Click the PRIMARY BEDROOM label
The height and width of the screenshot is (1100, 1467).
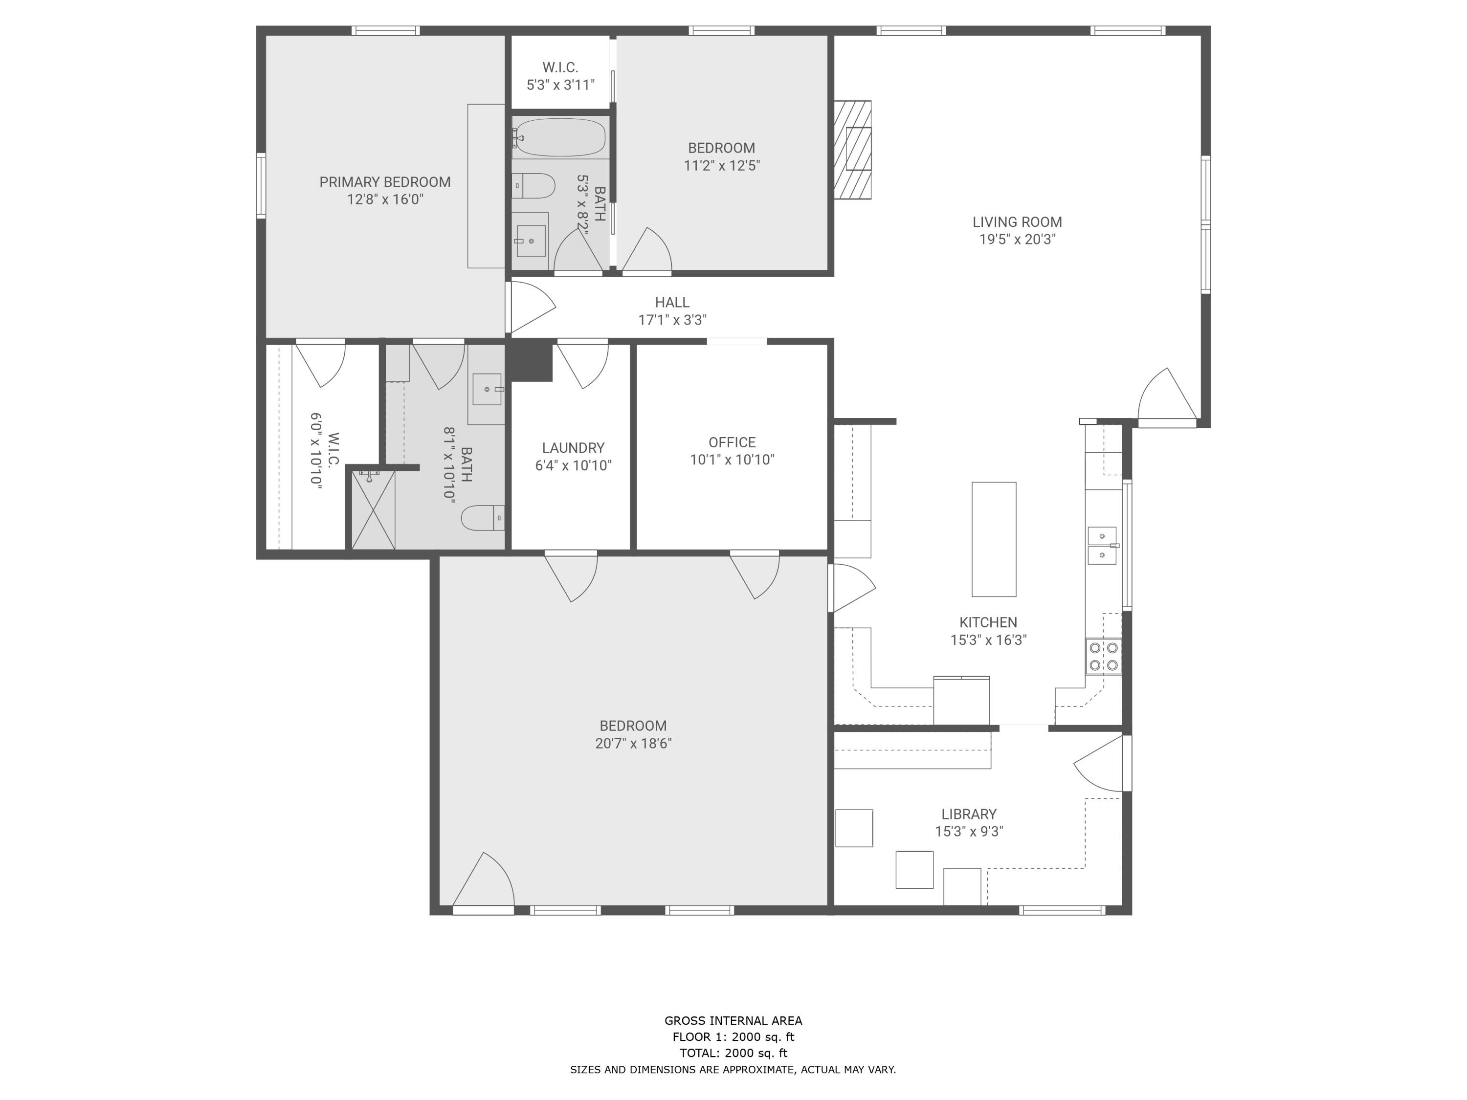(385, 182)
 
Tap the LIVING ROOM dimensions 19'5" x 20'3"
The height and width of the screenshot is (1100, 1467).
(1017, 240)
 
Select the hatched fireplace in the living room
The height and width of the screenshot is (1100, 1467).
(853, 150)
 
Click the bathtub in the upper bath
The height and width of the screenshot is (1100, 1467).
(560, 137)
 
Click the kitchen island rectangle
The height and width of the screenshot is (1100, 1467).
(994, 539)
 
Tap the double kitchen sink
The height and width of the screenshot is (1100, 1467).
(1102, 546)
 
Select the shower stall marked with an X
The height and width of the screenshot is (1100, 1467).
(373, 509)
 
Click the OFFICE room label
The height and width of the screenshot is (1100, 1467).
(732, 442)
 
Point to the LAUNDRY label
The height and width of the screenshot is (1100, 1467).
(573, 447)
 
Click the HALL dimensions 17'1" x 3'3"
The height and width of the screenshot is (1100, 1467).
(672, 320)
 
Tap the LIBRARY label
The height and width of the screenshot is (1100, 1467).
(968, 814)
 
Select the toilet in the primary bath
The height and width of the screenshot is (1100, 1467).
(483, 518)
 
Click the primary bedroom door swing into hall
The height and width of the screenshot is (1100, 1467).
(531, 307)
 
